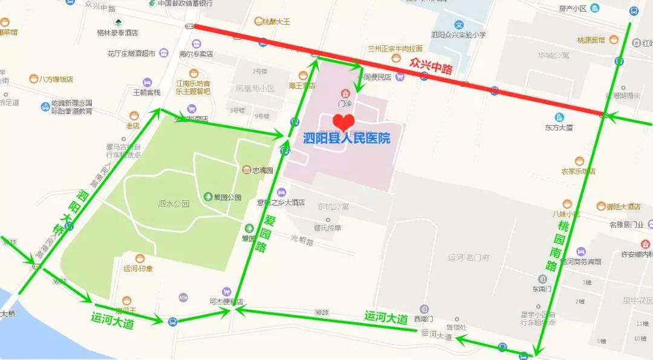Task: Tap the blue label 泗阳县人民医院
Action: [346, 138]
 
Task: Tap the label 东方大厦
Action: [558, 128]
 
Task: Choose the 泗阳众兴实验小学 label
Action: [459, 35]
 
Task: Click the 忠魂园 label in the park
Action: [262, 171]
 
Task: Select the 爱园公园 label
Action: [227, 197]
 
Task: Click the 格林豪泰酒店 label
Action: [117, 33]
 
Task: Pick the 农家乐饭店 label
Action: [579, 171]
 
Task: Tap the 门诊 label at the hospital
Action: [345, 103]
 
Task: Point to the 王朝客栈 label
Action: [147, 93]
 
